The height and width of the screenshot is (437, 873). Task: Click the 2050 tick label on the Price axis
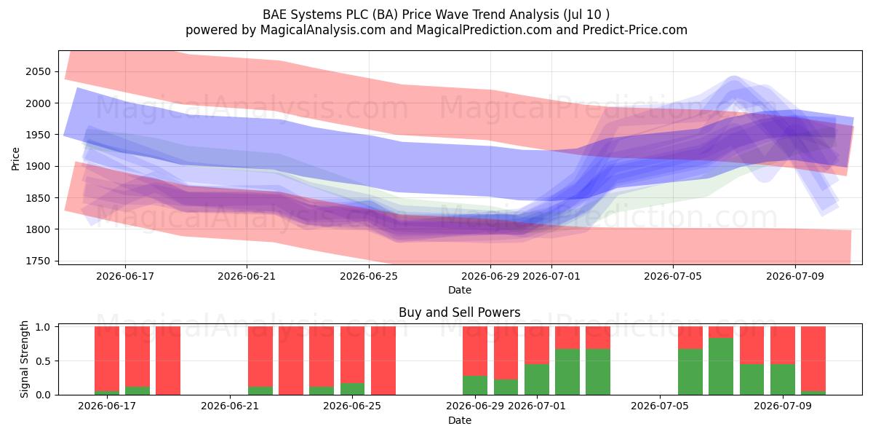click(38, 72)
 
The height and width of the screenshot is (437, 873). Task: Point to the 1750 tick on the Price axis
click(38, 261)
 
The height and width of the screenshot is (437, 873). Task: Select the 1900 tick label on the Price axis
click(38, 167)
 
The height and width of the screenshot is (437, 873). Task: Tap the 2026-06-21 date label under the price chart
click(247, 276)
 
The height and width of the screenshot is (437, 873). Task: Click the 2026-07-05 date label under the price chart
click(673, 276)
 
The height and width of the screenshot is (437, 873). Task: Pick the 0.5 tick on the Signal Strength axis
click(43, 361)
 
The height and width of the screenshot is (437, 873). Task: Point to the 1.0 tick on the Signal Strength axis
click(43, 327)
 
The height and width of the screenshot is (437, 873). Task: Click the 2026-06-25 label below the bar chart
click(352, 406)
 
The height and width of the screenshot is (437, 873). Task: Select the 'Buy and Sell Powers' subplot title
click(460, 312)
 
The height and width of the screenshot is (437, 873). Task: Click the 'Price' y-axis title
click(15, 159)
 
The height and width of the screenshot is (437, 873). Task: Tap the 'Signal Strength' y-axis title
click(24, 359)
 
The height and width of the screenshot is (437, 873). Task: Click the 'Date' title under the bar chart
click(460, 420)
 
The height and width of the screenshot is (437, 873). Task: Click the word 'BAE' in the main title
click(275, 15)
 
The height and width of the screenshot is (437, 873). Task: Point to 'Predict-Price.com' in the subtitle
click(635, 30)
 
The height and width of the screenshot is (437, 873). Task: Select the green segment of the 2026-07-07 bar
click(721, 366)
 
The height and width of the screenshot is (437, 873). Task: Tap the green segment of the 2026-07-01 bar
click(537, 379)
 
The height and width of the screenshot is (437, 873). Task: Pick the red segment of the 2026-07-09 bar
click(783, 345)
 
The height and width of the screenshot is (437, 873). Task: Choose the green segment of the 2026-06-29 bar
click(475, 385)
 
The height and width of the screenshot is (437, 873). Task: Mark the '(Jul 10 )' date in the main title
click(586, 15)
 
